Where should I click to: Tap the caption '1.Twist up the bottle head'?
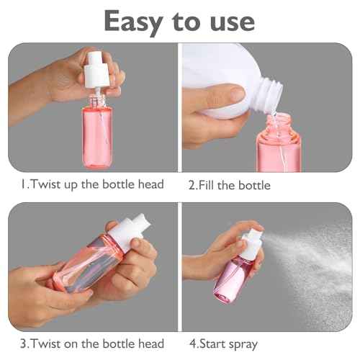coord(92,184)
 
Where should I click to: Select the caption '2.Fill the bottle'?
coord(229,185)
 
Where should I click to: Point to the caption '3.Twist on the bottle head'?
coord(92,343)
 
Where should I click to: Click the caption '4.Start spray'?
coord(223,343)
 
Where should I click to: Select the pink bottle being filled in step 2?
coord(278,148)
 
